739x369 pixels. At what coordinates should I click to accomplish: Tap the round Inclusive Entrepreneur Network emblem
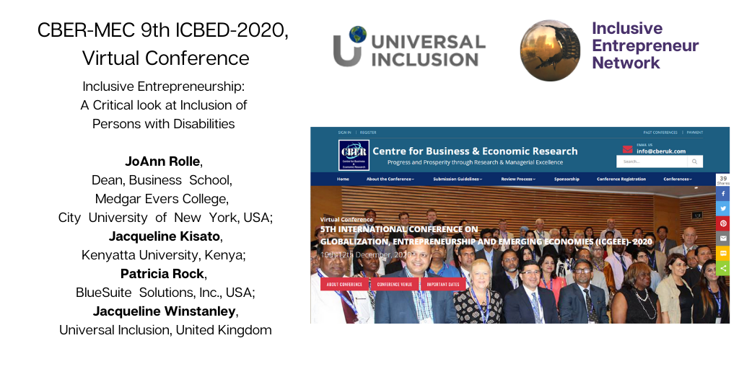pyautogui.click(x=550, y=50)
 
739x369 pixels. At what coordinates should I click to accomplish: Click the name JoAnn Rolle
pyautogui.click(x=162, y=161)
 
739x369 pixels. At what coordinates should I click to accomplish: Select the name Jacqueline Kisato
pyautogui.click(x=165, y=236)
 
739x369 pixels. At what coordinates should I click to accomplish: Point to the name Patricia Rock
pyautogui.click(x=162, y=274)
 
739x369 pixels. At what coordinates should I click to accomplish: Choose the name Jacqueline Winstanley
pyautogui.click(x=165, y=311)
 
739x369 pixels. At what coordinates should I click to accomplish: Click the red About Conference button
pyautogui.click(x=344, y=284)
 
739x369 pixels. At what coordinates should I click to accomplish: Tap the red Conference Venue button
pyautogui.click(x=393, y=284)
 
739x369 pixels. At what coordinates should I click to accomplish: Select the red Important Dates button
pyautogui.click(x=442, y=284)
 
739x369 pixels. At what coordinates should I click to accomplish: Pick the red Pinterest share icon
pyautogui.click(x=722, y=223)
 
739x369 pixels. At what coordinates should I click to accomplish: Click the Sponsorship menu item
pyautogui.click(x=567, y=179)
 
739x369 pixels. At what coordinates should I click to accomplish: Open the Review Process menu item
pyautogui.click(x=518, y=179)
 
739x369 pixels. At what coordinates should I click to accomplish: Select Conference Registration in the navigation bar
pyautogui.click(x=621, y=179)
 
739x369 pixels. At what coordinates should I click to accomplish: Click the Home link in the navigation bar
pyautogui.click(x=343, y=179)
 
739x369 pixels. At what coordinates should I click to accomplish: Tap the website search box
pyautogui.click(x=653, y=161)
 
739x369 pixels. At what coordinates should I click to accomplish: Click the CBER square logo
pyautogui.click(x=354, y=154)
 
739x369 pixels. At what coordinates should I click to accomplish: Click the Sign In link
pyautogui.click(x=344, y=133)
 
